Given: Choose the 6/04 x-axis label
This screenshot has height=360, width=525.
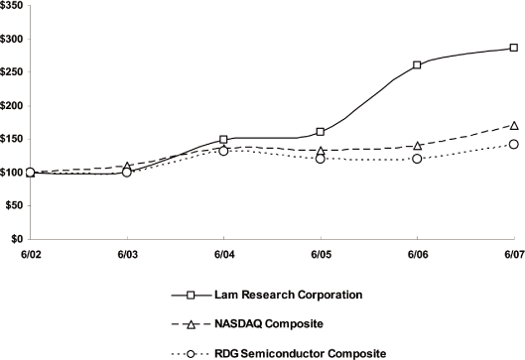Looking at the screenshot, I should [223, 255].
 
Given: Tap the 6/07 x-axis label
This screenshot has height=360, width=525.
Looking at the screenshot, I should [513, 255].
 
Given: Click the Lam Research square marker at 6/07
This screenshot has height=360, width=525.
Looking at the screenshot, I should [513, 48].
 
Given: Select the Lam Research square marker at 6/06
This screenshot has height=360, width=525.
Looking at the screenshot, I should [417, 65].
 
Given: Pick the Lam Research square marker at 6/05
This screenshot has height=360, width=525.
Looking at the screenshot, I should [321, 132].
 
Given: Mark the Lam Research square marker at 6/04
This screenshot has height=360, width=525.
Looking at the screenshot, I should [224, 140].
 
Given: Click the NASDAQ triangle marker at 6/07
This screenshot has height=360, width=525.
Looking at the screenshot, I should [513, 125].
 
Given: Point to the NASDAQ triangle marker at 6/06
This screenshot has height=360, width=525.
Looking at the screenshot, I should [417, 146].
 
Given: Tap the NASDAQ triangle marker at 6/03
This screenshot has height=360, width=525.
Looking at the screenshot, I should [127, 167].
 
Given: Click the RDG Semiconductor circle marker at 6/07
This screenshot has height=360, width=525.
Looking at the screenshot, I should [513, 144].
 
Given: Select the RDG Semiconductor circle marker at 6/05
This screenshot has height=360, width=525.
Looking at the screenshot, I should [321, 159].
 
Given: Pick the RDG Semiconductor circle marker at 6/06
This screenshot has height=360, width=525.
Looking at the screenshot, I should [417, 159].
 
